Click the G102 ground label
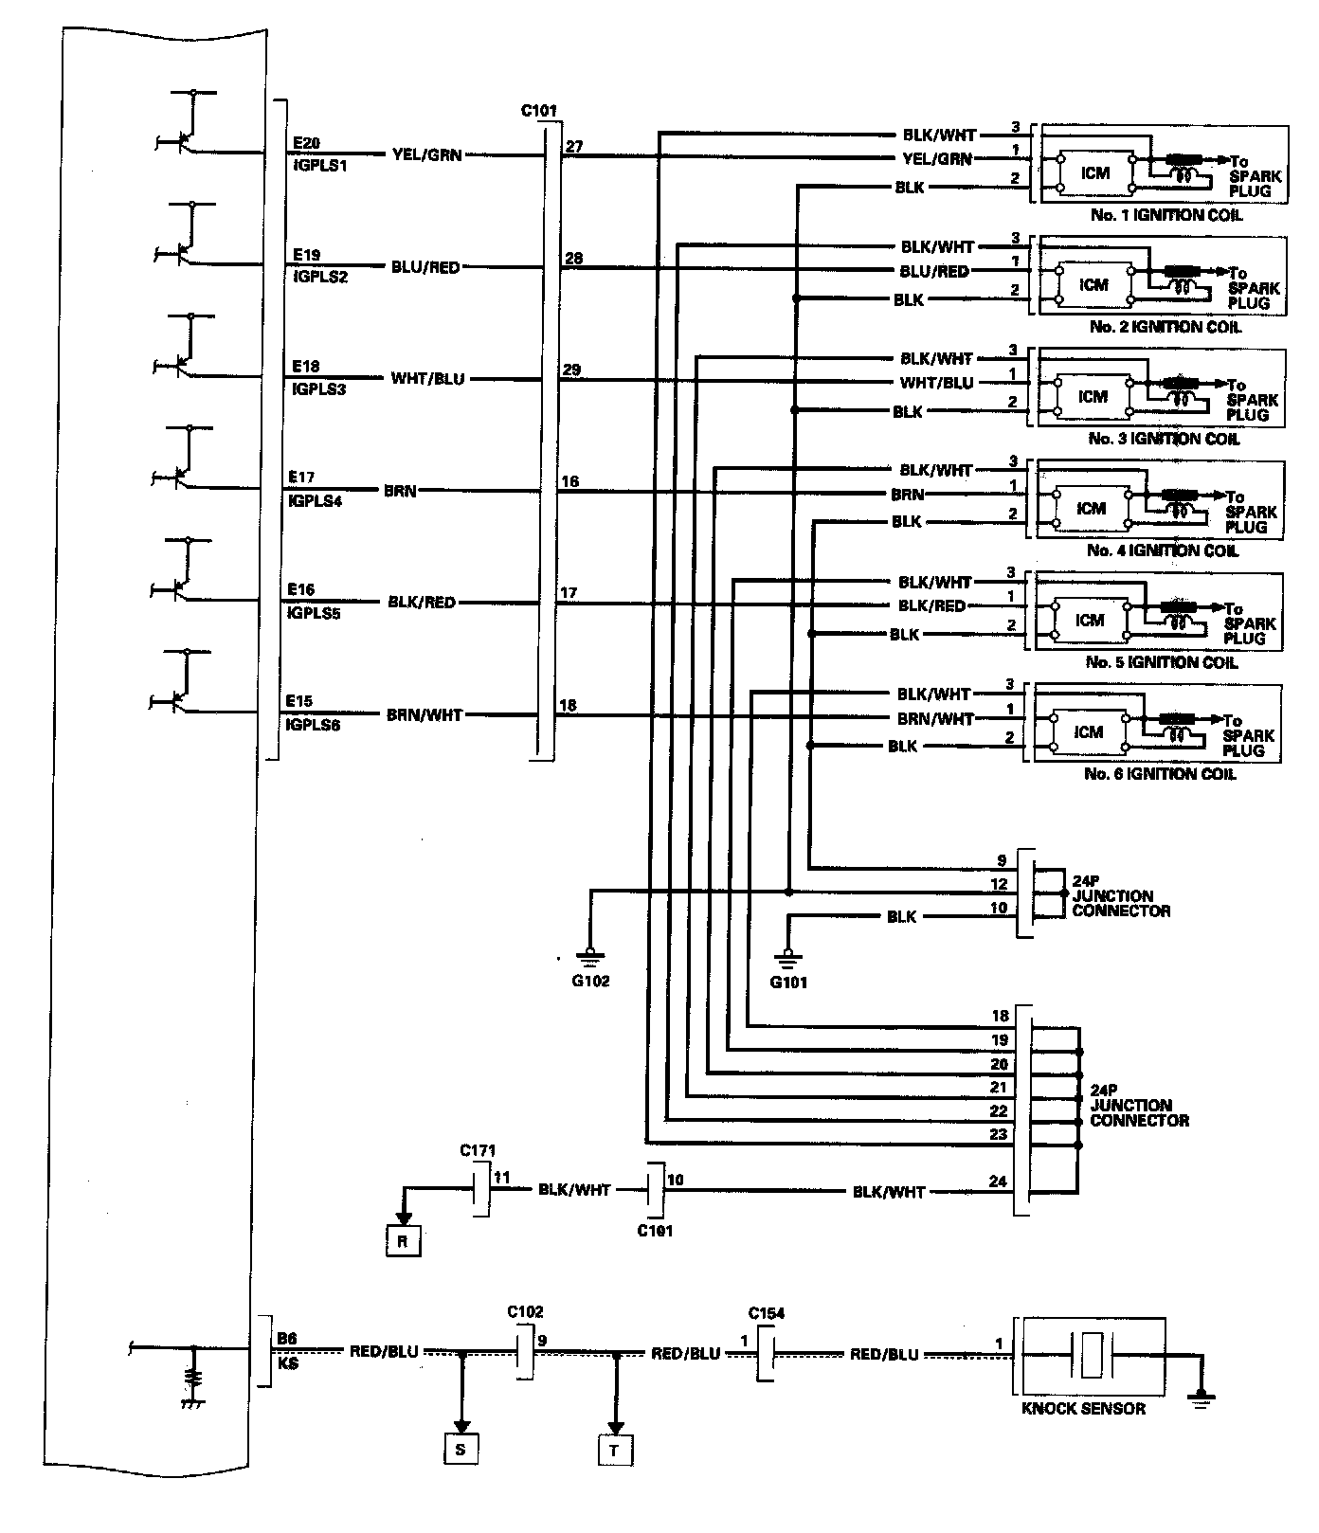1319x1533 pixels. pos(590,981)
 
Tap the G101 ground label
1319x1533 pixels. pos(788,983)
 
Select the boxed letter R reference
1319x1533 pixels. pos(403,1241)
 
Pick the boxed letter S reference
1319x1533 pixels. pos(461,1449)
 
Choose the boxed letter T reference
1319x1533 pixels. pos(615,1451)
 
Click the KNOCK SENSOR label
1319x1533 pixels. pos(1083,1409)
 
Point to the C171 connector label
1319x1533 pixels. pos(479,1151)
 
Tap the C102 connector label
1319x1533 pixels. pos(525,1313)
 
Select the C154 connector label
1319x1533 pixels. pos(766,1313)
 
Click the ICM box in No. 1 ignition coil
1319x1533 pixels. pos(1095,172)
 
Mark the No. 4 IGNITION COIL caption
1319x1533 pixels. pos(1163,550)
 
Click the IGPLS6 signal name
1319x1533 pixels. pos(314,725)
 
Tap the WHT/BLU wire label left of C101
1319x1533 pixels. pos(427,379)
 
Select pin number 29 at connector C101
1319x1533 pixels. pos(571,370)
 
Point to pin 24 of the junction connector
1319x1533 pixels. pos(998,1181)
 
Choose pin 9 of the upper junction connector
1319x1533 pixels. pos(1002,861)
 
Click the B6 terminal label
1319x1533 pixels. pos(285,1339)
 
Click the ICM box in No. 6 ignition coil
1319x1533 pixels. pos(1090,731)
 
